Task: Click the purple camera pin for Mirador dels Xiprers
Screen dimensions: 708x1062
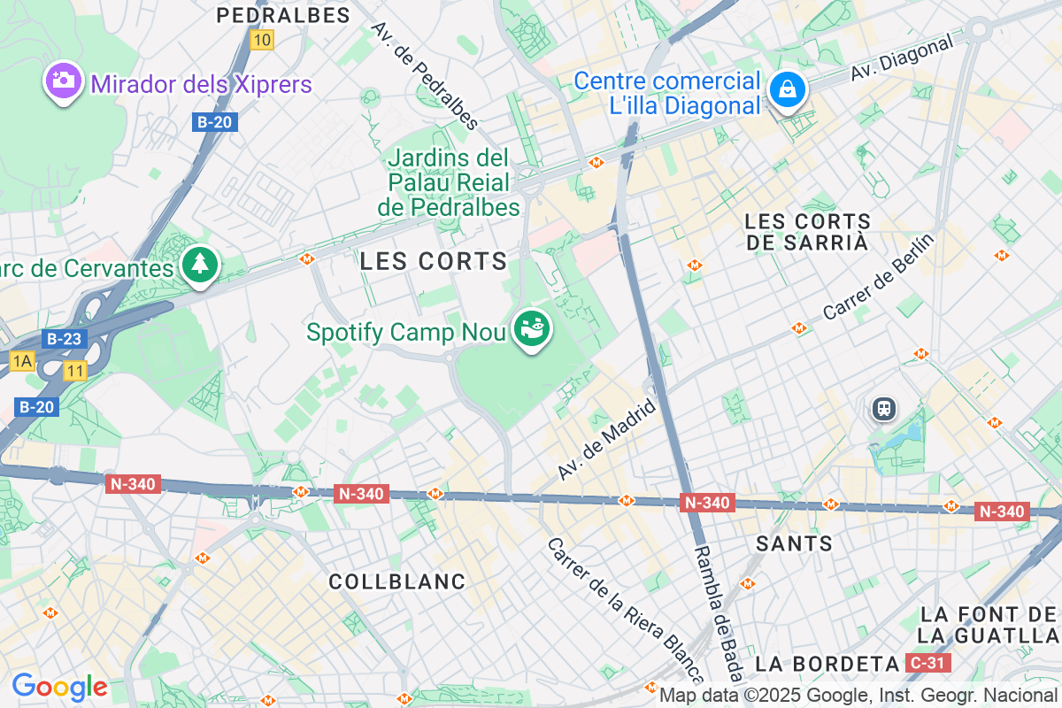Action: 63,81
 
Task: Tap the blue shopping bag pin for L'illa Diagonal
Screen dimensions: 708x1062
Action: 785,89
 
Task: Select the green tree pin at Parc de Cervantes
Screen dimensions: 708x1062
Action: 201,264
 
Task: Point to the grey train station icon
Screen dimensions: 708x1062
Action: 882,408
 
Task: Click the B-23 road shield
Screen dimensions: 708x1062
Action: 65,339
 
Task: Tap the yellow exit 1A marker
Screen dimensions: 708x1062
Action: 22,360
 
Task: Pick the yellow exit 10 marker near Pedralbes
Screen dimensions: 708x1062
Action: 261,40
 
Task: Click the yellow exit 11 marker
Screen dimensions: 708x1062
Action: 75,372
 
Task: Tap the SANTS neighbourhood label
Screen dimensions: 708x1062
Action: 794,543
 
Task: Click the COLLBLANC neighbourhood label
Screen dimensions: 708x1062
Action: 396,581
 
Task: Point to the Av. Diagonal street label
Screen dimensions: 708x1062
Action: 903,58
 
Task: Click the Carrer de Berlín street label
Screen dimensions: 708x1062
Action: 878,277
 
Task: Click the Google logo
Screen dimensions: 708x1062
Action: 59,687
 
